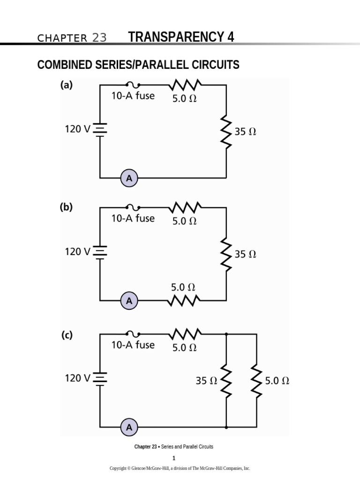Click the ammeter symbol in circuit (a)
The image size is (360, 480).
click(x=129, y=178)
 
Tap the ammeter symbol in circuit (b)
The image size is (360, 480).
click(x=129, y=301)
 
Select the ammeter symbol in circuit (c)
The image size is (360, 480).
click(x=129, y=427)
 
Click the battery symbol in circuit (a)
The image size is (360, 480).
click(x=100, y=129)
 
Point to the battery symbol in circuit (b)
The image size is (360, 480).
click(x=100, y=252)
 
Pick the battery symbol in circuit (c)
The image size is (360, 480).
click(x=100, y=378)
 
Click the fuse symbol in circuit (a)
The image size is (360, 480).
click(x=133, y=85)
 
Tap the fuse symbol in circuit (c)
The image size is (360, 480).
click(x=133, y=334)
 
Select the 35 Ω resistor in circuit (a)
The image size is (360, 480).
click(x=226, y=132)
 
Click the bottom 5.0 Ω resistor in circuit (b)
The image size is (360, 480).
click(x=186, y=300)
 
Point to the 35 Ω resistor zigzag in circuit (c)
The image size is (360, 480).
click(x=226, y=381)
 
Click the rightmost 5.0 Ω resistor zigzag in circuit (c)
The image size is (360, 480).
click(x=256, y=381)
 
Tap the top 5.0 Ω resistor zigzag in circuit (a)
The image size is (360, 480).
click(x=186, y=85)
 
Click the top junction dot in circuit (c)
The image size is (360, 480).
click(x=226, y=334)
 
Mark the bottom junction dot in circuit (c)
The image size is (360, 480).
click(x=226, y=427)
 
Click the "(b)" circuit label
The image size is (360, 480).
click(x=66, y=207)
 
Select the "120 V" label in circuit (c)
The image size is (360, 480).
click(x=77, y=378)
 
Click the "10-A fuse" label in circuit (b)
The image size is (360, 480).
click(x=133, y=218)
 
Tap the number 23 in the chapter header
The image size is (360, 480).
click(x=99, y=38)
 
